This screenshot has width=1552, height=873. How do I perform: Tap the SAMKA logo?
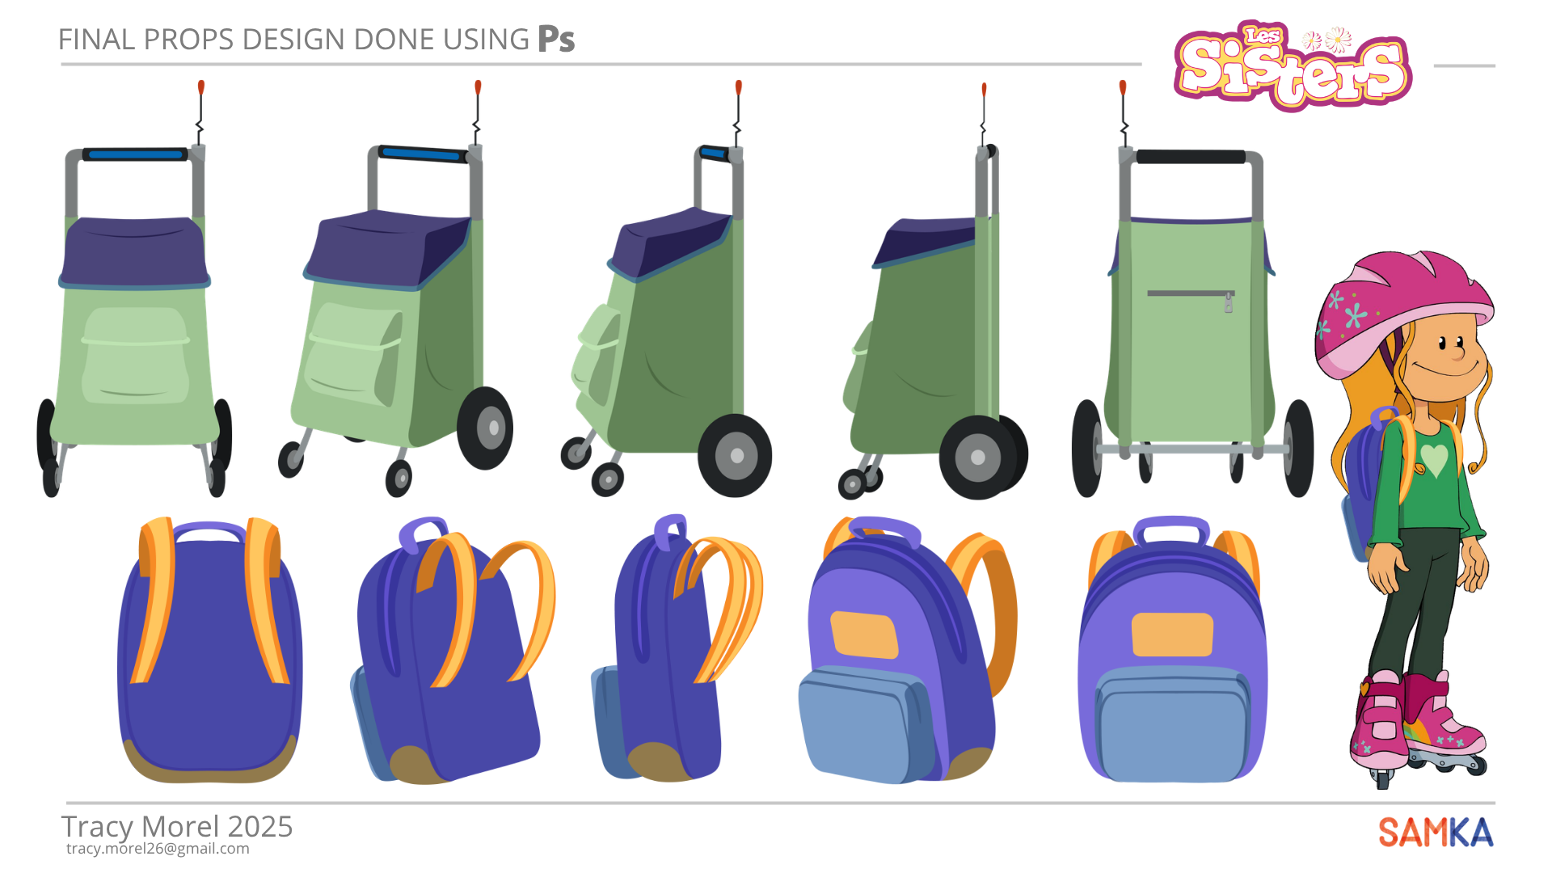tap(1436, 833)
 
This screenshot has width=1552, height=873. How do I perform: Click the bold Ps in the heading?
tap(556, 39)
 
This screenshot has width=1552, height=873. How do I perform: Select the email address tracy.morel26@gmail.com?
tap(158, 849)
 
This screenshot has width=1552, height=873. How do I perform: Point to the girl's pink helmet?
tap(1402, 311)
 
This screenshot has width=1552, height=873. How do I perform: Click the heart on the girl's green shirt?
tap(1434, 460)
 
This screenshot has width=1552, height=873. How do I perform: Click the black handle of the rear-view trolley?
tap(1190, 156)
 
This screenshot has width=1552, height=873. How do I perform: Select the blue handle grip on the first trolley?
tap(136, 154)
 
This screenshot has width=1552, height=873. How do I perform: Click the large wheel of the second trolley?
tap(485, 428)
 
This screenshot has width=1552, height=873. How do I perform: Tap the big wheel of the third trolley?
tap(735, 455)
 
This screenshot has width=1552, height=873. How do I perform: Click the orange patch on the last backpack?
tap(1172, 635)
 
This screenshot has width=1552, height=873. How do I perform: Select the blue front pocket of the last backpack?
tap(1173, 724)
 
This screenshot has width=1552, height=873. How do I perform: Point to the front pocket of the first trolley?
tap(135, 356)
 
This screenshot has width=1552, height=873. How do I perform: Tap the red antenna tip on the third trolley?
tap(738, 87)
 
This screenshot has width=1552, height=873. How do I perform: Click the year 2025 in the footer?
tap(259, 827)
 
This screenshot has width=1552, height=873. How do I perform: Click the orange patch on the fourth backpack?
tap(864, 635)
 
